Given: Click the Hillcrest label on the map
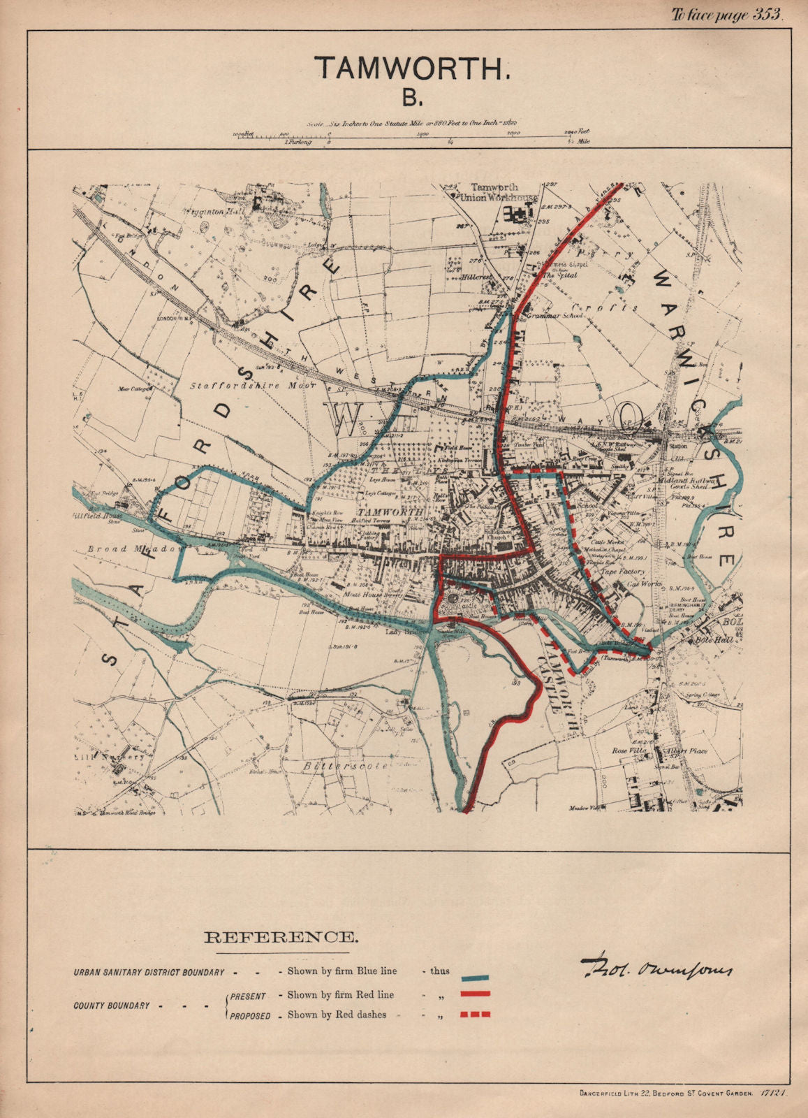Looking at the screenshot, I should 478,277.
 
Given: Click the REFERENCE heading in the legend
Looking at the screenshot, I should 279,937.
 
